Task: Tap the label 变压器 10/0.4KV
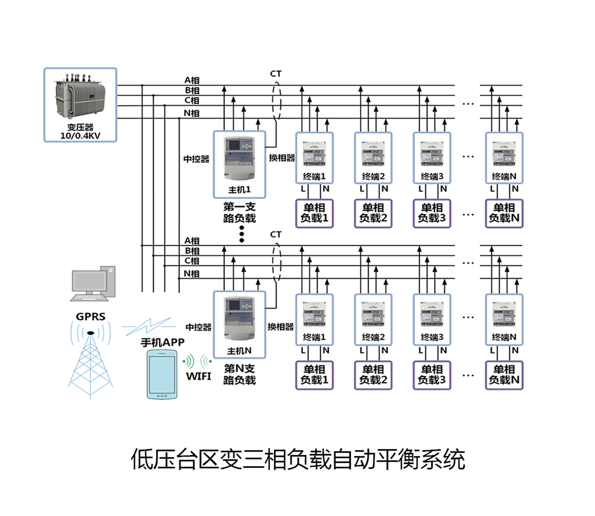(80, 131)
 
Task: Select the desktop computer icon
(93, 283)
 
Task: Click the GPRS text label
(91, 316)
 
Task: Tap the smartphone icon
(162, 374)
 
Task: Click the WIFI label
(198, 376)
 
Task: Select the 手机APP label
(162, 342)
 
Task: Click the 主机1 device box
(239, 164)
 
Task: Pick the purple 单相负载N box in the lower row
(504, 375)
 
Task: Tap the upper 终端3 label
(432, 176)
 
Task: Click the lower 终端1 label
(314, 337)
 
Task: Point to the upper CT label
(276, 74)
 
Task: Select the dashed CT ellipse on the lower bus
(277, 262)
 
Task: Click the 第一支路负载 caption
(239, 212)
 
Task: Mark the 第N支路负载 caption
(239, 374)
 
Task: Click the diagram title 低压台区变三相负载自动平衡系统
(298, 459)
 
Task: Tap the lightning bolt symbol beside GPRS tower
(148, 326)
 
